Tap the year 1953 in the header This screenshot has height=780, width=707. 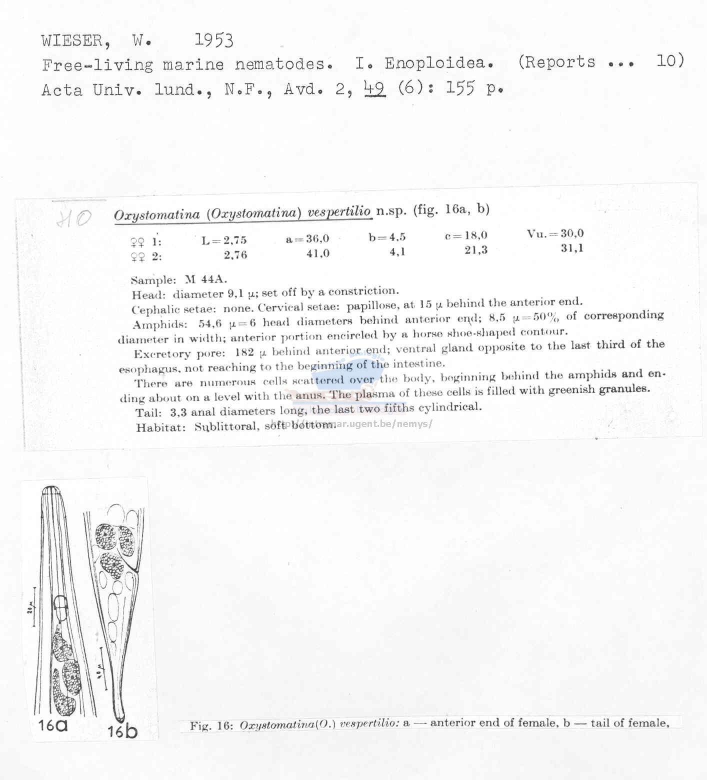click(213, 39)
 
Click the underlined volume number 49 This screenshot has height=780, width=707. click(375, 88)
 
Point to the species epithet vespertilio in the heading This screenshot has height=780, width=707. click(339, 212)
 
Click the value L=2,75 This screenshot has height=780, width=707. click(224, 240)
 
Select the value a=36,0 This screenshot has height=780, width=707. click(307, 239)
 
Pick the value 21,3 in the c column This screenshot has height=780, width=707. click(475, 250)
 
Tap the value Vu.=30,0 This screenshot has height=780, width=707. click(555, 233)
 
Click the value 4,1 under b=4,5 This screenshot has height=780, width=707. click(397, 252)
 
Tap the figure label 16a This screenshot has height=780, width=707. click(53, 724)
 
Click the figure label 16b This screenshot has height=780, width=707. click(122, 731)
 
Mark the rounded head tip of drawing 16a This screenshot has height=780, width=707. click(50, 490)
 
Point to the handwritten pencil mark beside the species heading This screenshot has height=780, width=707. click(73, 218)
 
